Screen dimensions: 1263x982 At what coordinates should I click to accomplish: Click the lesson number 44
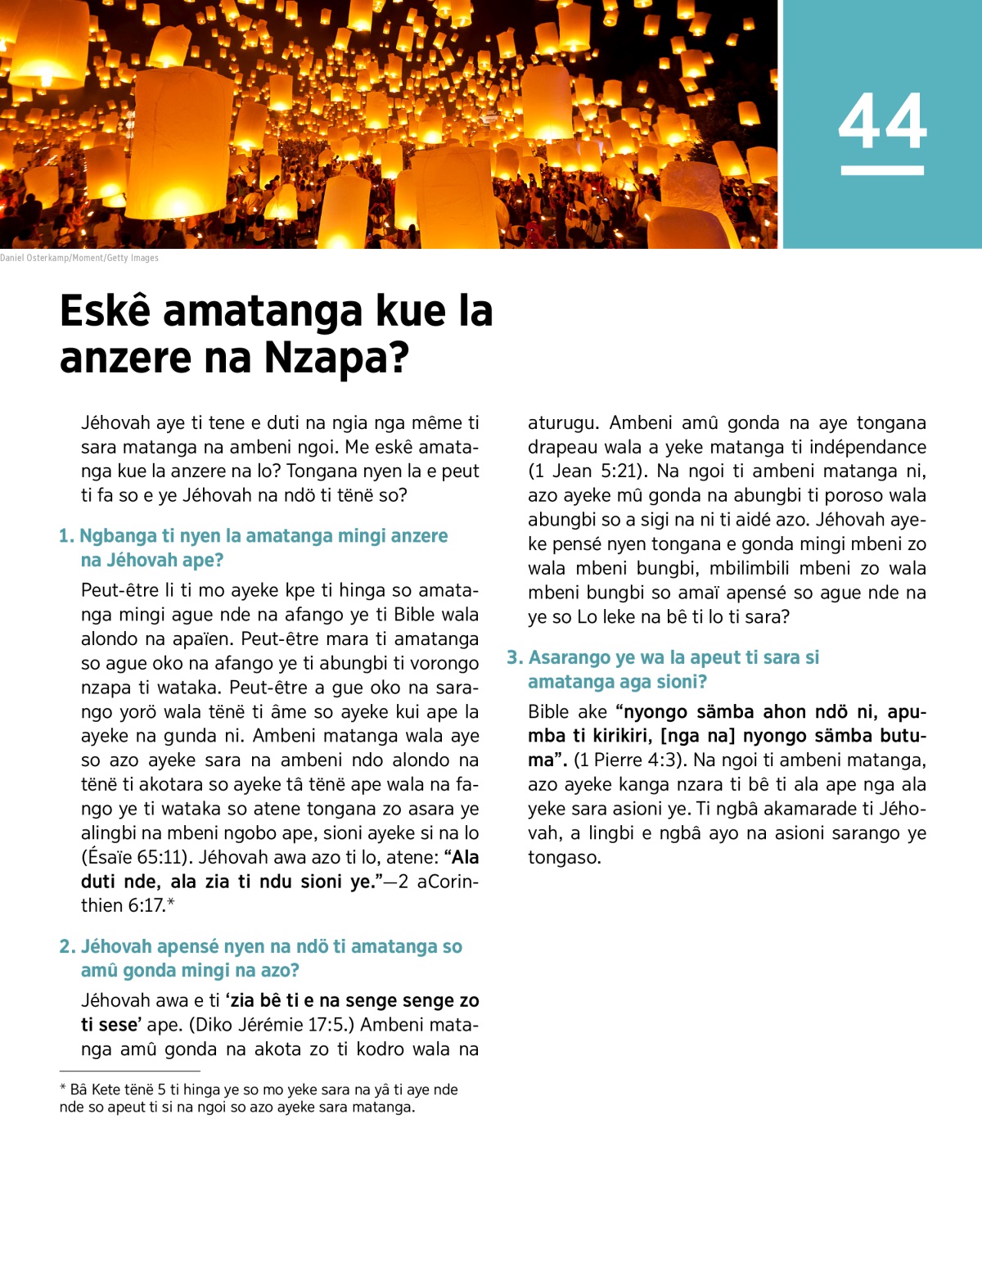coord(882,121)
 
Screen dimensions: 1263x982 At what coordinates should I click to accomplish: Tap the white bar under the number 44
coord(882,170)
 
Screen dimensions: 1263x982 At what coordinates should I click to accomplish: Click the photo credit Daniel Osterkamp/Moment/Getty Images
coord(79,258)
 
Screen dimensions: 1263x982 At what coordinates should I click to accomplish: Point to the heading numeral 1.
coord(66,536)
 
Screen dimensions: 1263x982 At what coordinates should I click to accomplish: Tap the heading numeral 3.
coord(514,658)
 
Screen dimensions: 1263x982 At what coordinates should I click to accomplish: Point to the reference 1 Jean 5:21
coord(587,471)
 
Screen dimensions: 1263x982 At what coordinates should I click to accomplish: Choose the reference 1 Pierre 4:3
coord(628,760)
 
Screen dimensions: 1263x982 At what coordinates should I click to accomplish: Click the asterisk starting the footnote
coord(63,1089)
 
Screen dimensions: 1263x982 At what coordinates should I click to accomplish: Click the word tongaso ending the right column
coord(564,858)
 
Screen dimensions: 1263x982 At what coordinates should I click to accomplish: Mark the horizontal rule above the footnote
coord(129,1071)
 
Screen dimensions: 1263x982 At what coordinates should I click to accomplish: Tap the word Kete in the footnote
coord(106,1090)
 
